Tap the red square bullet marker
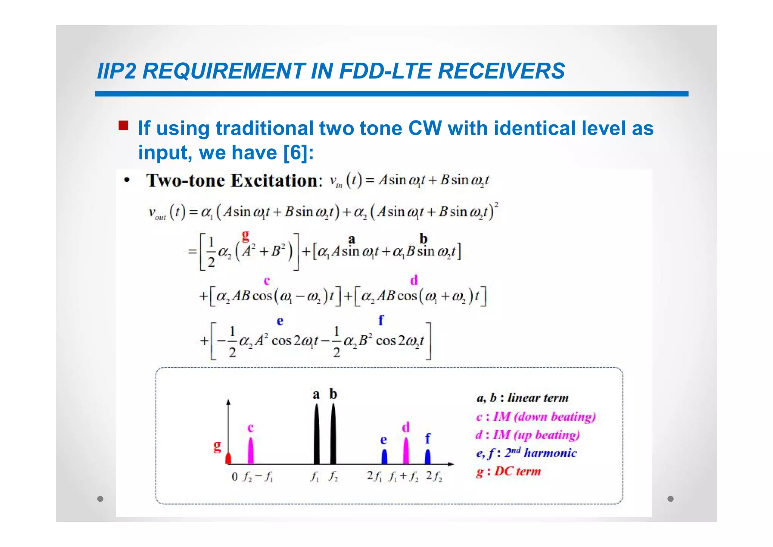coord(123,125)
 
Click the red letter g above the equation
coord(245,236)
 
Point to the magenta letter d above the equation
coord(414,280)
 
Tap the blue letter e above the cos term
coord(280,321)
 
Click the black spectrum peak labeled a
coord(316,434)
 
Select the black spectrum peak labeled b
coord(333,434)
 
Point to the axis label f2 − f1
coord(257,477)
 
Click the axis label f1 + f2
coord(403,477)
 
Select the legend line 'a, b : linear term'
coord(522,398)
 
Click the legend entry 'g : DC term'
coord(508,471)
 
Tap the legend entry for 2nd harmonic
coord(526,453)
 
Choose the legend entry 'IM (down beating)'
coord(536,417)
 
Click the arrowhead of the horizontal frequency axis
coord(451,464)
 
